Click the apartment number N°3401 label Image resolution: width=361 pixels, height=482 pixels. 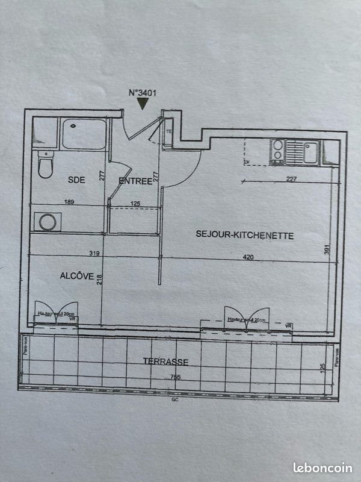click(142, 93)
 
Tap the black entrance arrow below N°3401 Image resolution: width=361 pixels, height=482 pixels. click(142, 104)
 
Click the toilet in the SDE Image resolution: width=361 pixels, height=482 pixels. click(45, 164)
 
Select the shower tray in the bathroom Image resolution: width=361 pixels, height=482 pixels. click(84, 134)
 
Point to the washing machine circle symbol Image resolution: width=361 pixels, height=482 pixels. click(48, 222)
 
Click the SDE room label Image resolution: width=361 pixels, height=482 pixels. click(76, 180)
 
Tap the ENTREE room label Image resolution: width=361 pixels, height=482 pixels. click(135, 181)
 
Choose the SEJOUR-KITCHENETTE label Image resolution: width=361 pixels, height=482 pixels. click(245, 236)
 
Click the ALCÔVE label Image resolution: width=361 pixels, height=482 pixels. click(76, 276)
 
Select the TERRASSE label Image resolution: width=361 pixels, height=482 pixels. click(166, 362)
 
